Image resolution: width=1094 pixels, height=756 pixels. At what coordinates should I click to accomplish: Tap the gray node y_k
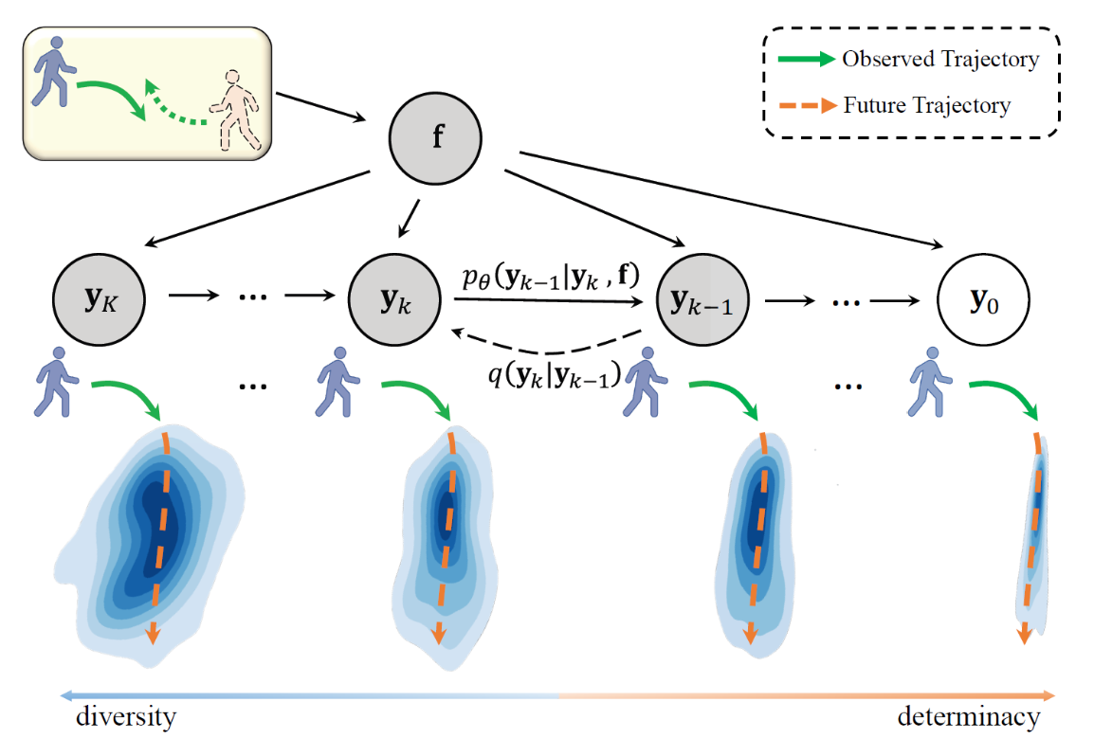[394, 301]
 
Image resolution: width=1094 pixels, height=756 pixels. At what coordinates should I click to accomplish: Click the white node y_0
[981, 301]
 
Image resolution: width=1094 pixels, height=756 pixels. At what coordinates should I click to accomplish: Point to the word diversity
[126, 717]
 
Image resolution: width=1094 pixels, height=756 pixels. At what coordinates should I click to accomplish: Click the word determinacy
[968, 717]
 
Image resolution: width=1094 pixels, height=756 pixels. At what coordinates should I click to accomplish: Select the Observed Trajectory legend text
[939, 60]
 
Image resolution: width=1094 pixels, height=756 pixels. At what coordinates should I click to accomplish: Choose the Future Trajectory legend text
[926, 105]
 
